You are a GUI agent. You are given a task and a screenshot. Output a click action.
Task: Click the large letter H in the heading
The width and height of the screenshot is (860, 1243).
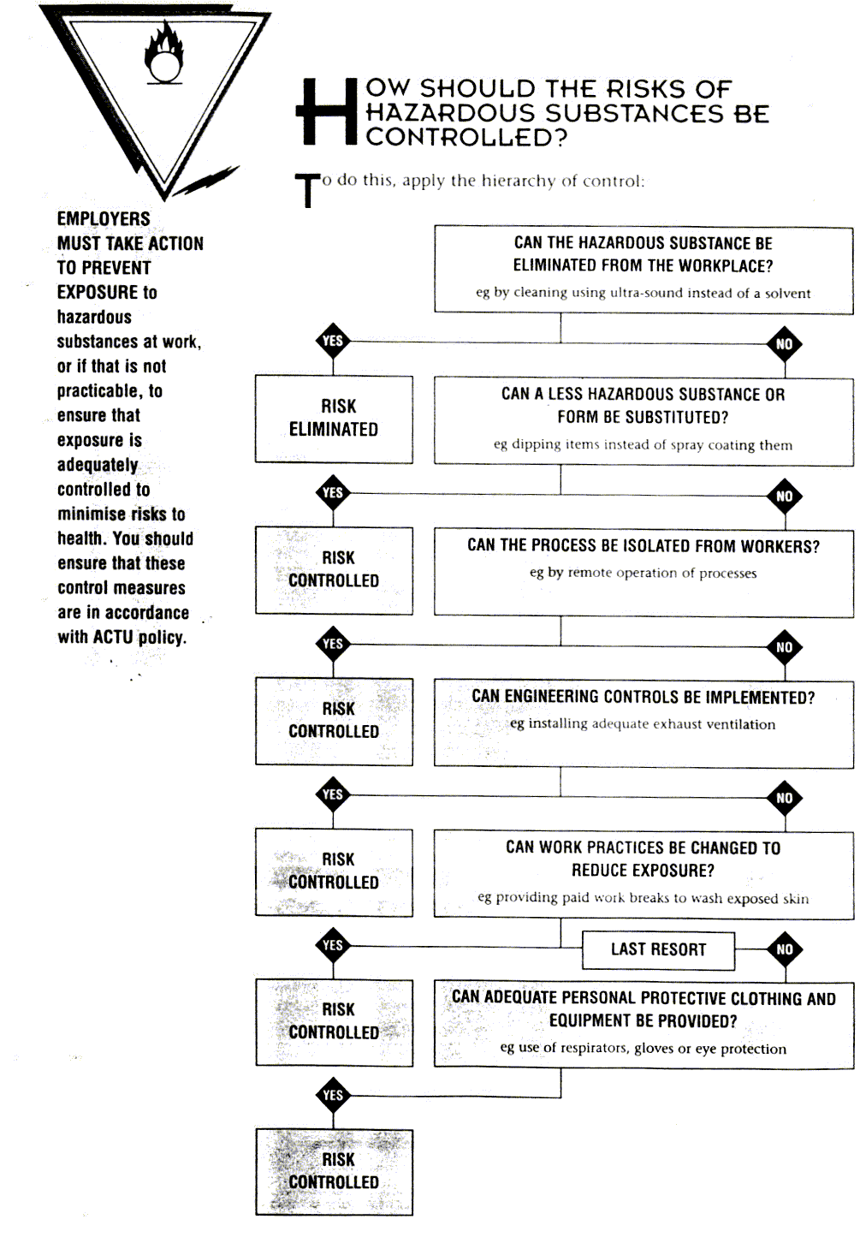[326, 111]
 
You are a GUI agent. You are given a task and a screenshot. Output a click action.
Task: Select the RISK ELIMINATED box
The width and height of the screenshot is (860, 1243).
[334, 419]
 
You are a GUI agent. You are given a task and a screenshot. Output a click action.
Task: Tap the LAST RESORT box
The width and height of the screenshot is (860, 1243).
[658, 949]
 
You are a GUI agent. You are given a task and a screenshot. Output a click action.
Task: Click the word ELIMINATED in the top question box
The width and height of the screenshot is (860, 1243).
[555, 266]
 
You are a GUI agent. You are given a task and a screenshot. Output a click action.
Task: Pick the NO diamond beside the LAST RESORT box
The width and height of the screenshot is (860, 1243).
[785, 949]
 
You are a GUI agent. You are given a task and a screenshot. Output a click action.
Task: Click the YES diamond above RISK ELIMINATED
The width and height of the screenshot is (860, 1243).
[333, 342]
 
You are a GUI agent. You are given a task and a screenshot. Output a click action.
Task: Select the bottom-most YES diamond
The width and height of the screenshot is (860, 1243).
[333, 1095]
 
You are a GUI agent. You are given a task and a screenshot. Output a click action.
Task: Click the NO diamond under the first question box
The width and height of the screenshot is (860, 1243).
[785, 344]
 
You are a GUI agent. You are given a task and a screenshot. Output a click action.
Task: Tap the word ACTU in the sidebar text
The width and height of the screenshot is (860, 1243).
[113, 637]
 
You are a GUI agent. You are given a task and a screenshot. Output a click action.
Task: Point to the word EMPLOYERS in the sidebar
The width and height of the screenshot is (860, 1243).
[104, 219]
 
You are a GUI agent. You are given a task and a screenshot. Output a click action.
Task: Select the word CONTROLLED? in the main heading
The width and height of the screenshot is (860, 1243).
[466, 137]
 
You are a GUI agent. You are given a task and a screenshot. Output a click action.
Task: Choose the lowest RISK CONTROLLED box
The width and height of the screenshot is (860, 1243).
[334, 1171]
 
